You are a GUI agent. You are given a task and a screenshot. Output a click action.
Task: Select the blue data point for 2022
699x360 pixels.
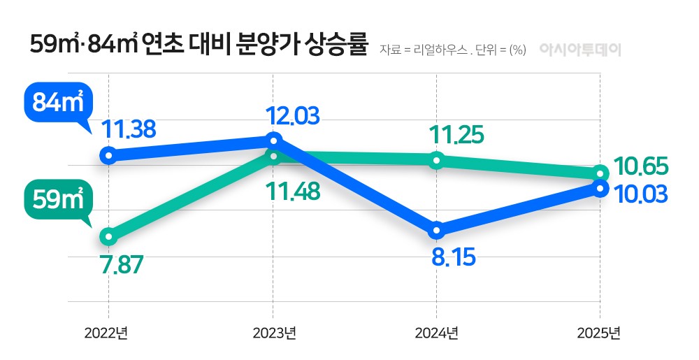click(x=108, y=154)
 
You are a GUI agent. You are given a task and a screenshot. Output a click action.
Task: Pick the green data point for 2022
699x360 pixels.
click(x=108, y=236)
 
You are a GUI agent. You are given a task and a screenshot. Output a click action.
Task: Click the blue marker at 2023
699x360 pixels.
click(x=273, y=140)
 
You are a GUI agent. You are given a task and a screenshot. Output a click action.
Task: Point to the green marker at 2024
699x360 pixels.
click(x=436, y=160)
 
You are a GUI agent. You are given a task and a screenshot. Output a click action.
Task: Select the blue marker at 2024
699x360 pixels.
click(x=436, y=230)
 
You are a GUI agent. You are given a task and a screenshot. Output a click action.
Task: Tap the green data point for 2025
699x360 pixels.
click(x=600, y=173)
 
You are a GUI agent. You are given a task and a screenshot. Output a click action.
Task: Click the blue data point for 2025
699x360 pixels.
click(x=600, y=187)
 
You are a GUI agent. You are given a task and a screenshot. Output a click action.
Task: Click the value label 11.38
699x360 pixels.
click(x=129, y=129)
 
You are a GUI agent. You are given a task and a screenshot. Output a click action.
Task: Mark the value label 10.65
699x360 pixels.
click(x=640, y=166)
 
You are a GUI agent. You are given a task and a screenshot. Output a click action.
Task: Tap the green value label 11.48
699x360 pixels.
click(x=292, y=190)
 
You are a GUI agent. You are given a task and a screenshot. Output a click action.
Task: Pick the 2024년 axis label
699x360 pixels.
click(x=435, y=332)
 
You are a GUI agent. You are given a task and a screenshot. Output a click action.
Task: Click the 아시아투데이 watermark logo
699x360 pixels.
click(x=580, y=50)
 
